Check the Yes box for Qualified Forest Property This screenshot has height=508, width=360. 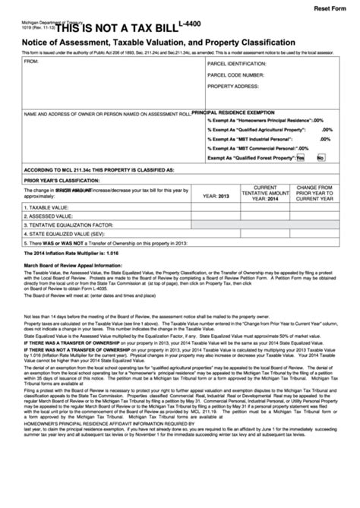(x=301, y=157)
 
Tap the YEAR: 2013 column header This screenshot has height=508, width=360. (x=216, y=195)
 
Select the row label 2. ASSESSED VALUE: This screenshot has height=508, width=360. (x=50, y=216)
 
